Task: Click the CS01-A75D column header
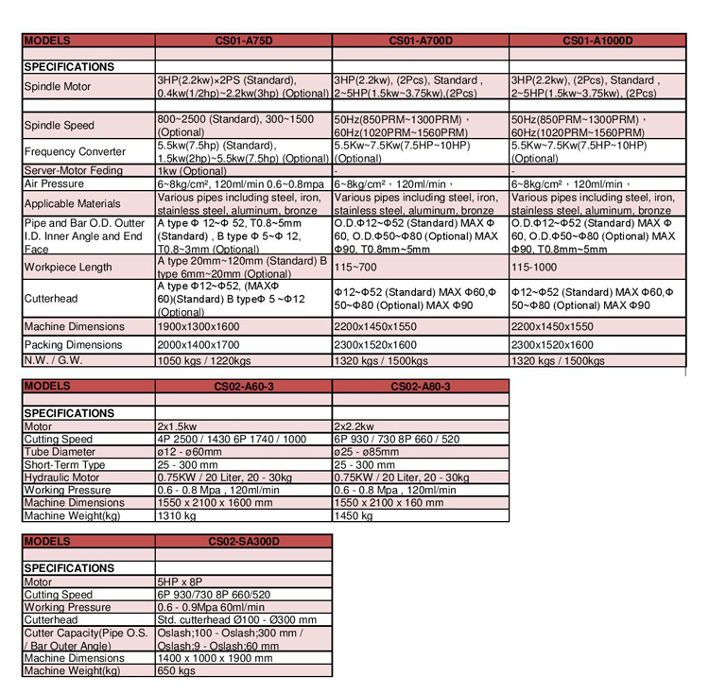click(x=244, y=42)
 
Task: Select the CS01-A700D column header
click(x=420, y=42)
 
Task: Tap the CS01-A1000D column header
click(x=597, y=42)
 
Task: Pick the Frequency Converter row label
click(x=75, y=151)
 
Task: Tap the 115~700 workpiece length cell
click(x=354, y=269)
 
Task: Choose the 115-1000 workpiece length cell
click(x=535, y=269)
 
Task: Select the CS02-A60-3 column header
click(x=244, y=387)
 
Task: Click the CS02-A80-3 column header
click(x=420, y=387)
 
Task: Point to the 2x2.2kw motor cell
click(x=355, y=426)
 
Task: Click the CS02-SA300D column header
click(x=244, y=542)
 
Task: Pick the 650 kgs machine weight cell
click(x=176, y=670)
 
